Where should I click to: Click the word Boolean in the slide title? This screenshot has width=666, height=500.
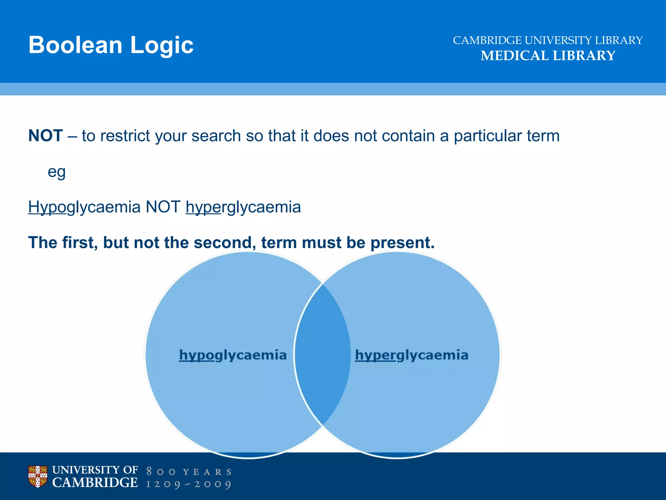75,45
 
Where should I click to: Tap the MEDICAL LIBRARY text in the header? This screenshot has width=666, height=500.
548,56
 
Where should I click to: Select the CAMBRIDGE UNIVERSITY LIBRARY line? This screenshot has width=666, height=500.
548,40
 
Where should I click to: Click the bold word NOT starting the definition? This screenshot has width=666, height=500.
46,136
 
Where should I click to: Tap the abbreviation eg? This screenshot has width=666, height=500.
57,172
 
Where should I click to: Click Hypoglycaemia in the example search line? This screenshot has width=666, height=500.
84,207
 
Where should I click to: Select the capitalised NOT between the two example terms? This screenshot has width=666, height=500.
163,207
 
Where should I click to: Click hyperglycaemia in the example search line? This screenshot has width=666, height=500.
243,207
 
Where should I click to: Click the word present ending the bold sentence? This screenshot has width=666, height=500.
402,243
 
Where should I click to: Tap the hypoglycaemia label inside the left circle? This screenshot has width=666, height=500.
233,355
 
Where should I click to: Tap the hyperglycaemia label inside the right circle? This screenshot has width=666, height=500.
411,355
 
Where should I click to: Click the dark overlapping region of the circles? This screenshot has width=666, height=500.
322,355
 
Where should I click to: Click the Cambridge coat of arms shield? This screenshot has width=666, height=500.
38,477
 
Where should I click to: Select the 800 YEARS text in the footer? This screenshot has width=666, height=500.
189,472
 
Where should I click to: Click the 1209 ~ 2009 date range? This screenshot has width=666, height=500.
189,484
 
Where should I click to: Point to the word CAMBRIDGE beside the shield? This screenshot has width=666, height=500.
95,483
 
